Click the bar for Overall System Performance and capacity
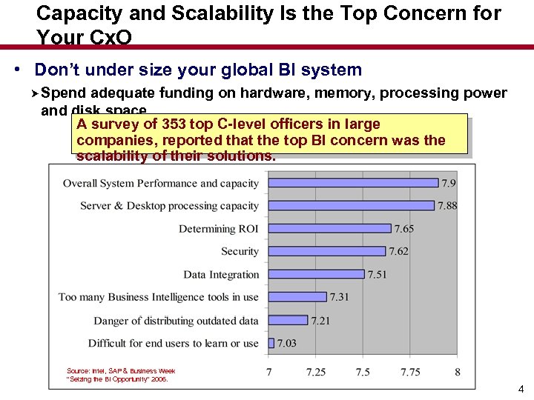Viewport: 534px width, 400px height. tap(353, 183)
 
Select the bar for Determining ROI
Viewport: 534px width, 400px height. tap(329, 229)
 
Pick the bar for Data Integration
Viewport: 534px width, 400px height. tap(317, 274)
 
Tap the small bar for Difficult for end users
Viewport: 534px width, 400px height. tap(271, 343)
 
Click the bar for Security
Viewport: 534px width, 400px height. tap(327, 251)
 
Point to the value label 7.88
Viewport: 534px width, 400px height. tap(447, 206)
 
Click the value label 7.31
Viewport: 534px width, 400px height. tap(340, 297)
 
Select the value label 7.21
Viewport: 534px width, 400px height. tap(320, 321)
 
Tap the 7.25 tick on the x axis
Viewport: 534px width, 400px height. tap(316, 372)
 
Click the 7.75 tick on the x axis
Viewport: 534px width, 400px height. tap(410, 372)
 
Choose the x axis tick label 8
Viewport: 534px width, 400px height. tap(458, 372)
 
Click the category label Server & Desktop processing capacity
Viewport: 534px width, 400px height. tap(169, 206)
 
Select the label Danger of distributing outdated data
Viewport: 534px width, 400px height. tap(176, 321)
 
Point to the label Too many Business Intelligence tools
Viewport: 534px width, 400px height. tap(159, 297)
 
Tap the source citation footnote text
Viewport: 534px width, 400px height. tap(121, 375)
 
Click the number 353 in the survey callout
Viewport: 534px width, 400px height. tap(174, 124)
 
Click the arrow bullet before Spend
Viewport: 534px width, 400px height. tap(35, 93)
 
